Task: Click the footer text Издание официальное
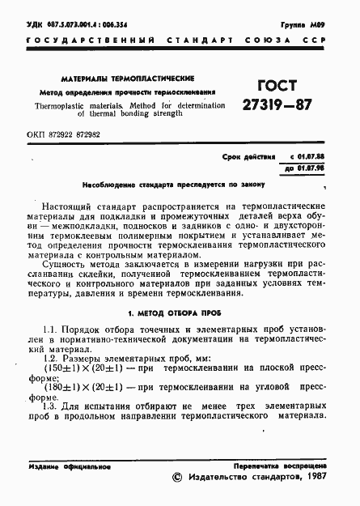pyautogui.click(x=68, y=468)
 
